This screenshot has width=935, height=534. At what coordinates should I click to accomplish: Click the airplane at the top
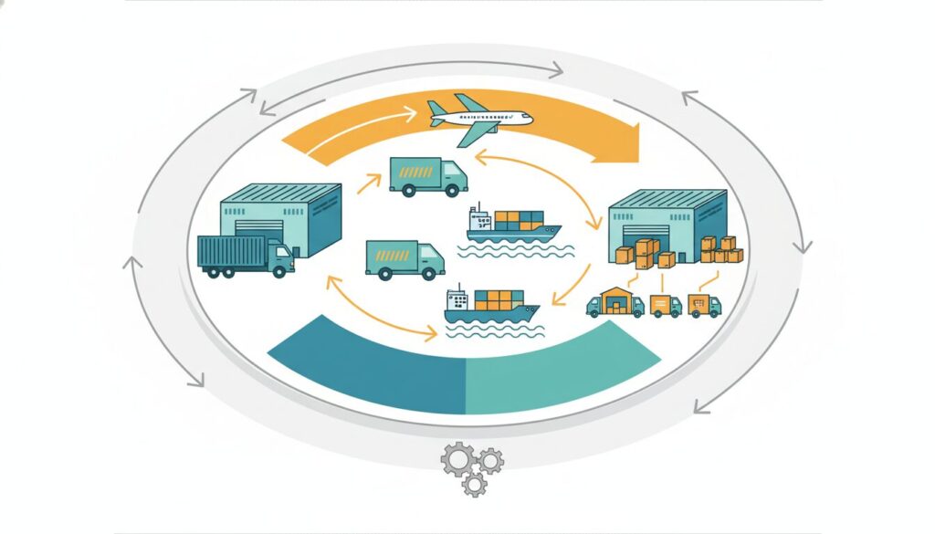point(478,118)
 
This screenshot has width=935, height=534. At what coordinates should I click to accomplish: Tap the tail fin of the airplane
point(436,109)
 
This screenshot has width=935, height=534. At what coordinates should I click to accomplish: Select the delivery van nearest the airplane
point(427,174)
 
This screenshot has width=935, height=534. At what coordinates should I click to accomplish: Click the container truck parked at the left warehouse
point(245,255)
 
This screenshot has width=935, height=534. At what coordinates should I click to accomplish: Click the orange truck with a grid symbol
point(703,305)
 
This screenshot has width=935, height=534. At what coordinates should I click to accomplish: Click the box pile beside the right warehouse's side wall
point(722,249)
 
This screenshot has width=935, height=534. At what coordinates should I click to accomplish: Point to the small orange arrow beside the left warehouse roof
point(367,185)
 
